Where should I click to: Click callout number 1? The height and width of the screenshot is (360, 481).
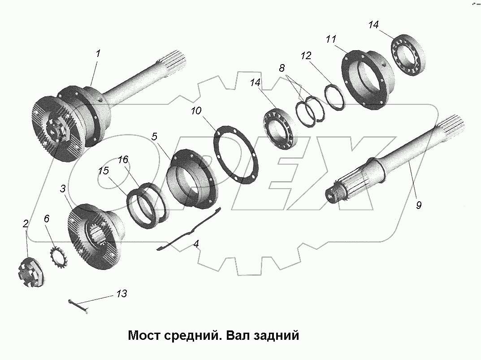(98, 53)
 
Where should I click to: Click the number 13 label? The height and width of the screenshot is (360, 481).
(121, 294)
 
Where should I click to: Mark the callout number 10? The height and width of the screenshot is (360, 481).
(196, 111)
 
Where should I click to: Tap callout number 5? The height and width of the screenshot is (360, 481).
(154, 137)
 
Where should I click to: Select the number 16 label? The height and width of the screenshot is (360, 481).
(123, 160)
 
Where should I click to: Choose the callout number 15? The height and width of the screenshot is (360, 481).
(104, 171)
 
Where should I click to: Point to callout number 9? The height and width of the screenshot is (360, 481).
(418, 205)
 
